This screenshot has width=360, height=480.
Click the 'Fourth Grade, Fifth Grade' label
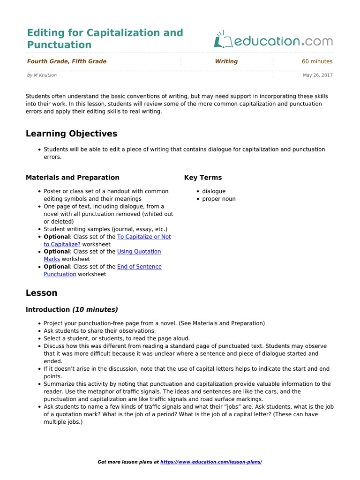tap(67, 61)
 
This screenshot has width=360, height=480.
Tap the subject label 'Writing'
tap(226, 61)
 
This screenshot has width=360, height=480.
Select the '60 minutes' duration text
tap(317, 61)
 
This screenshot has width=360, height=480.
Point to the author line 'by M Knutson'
tap(42, 75)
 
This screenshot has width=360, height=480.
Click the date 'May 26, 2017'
tap(317, 75)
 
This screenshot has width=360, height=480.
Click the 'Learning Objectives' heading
tap(71, 134)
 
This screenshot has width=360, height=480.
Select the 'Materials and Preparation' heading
tap(72, 178)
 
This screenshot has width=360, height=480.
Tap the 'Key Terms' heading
tap(203, 178)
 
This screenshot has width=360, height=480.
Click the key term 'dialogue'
tap(214, 191)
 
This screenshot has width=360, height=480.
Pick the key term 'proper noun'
tap(219, 199)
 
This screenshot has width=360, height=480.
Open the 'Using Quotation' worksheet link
tap(139, 252)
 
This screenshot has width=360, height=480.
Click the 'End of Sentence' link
tap(139, 267)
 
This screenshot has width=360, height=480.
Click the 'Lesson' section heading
tap(41, 293)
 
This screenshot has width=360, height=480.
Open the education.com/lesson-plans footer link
tap(211, 462)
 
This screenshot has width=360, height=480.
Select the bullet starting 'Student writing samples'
tap(105, 229)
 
